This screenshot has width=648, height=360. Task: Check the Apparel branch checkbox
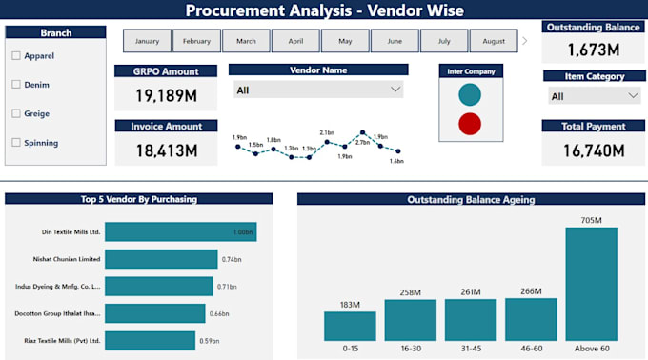pos(16,56)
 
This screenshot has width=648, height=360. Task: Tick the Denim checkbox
pos(16,85)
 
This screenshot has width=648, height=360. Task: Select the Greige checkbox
pos(16,114)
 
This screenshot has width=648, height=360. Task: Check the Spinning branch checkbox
pos(16,143)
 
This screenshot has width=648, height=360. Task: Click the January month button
pos(148,41)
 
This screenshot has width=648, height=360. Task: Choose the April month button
pos(295,41)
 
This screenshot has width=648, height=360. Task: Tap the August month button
pos(494,41)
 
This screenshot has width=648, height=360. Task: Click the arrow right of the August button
pos(525,41)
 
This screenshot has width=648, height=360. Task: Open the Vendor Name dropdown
pos(318,90)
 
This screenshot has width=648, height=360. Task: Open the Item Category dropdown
pos(595,96)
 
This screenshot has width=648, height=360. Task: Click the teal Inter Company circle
pos(469,94)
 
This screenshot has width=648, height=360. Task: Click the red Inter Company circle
pos(469,124)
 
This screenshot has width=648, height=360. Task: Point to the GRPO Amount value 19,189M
pos(166,95)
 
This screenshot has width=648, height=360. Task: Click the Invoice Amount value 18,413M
pos(166,150)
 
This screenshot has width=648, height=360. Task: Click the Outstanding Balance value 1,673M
pos(595,50)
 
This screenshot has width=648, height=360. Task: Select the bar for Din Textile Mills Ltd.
pos(180,231)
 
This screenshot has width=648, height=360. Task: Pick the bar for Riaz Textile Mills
pos(151,340)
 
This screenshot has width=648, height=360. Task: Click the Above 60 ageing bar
pos(591,284)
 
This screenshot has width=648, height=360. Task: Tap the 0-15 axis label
pos(351,350)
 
